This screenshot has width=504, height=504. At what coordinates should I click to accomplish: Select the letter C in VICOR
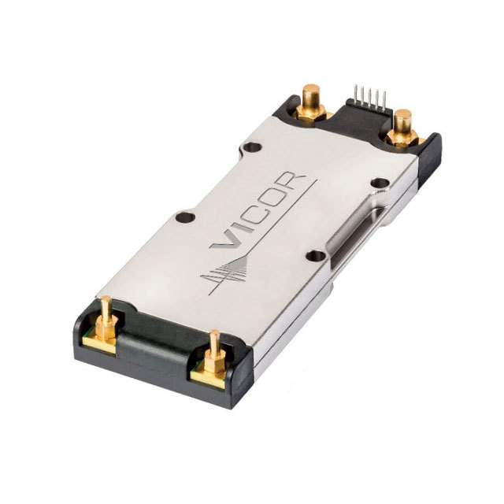(x=261, y=213)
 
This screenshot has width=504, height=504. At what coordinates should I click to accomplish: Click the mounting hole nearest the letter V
(x=185, y=217)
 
